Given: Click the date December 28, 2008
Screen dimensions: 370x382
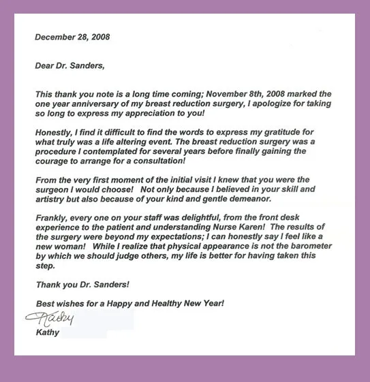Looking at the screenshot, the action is tap(72, 37).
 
